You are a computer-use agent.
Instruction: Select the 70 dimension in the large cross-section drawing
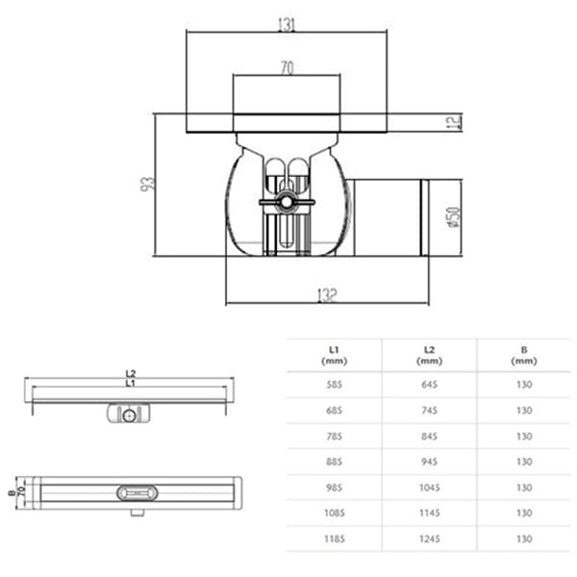(x=287, y=68)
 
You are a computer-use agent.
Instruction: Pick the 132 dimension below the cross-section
(x=327, y=295)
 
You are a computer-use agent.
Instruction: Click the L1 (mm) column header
(x=333, y=355)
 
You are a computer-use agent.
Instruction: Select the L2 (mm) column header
(x=429, y=355)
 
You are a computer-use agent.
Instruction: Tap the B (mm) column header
(x=523, y=355)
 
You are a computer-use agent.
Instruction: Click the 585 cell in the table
(x=333, y=383)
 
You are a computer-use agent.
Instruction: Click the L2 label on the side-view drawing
(x=130, y=373)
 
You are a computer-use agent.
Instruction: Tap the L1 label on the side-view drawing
(x=130, y=384)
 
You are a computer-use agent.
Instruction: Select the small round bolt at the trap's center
(x=286, y=204)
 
